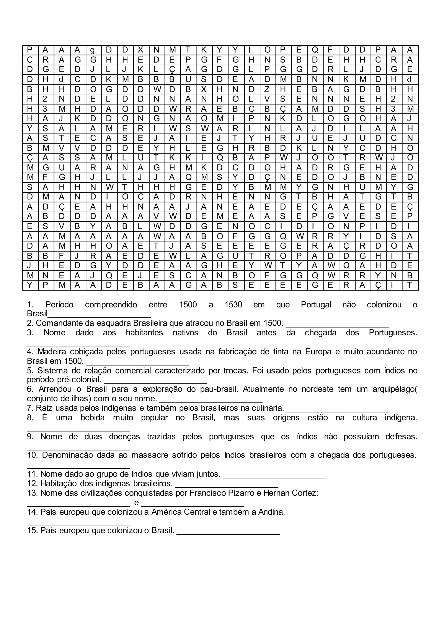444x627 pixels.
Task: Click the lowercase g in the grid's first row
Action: coord(93,50)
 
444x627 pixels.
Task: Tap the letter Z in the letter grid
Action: coord(267,89)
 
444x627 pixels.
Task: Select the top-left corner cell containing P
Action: coord(30,50)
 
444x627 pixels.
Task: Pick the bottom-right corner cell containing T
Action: coord(410,285)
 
